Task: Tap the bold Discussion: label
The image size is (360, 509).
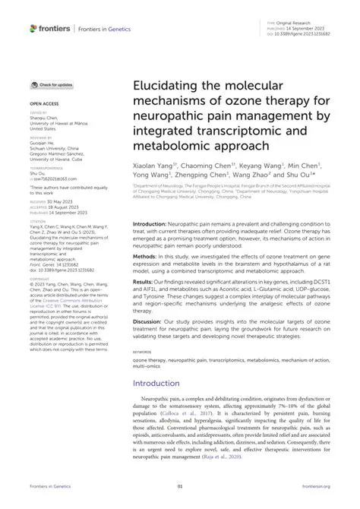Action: coord(150,321)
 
